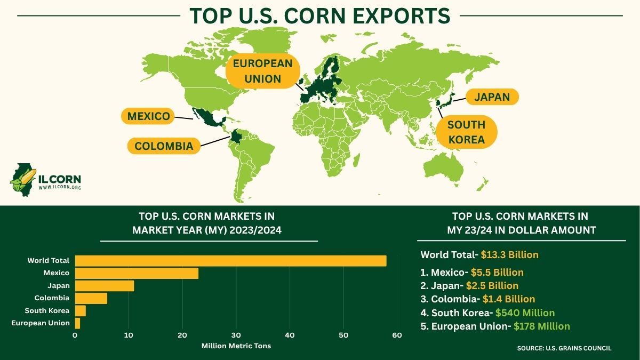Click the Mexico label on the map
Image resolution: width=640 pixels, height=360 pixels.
[149, 116]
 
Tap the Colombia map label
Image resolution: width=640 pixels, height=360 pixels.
[164, 146]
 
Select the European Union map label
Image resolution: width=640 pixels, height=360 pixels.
[263, 71]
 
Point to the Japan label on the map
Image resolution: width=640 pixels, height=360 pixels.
[492, 97]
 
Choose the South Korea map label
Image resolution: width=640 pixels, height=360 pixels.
[466, 132]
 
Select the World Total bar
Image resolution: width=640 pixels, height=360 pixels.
[230, 261]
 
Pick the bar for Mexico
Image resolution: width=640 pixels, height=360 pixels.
[137, 273]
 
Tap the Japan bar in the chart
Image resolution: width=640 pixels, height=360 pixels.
[105, 286]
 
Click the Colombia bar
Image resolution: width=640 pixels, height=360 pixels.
[91, 298]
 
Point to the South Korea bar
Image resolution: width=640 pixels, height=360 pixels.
[81, 310]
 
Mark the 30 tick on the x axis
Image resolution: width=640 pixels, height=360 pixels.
[236, 335]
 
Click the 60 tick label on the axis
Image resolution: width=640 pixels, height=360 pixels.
[397, 335]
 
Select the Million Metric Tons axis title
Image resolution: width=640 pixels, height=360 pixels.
[236, 346]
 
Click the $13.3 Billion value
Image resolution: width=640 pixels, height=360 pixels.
[509, 254]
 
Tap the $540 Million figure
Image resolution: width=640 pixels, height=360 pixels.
[525, 313]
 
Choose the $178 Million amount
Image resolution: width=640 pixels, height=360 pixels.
[541, 326]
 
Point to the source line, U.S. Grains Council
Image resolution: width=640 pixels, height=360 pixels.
[564, 348]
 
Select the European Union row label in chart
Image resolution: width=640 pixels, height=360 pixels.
[41, 323]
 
